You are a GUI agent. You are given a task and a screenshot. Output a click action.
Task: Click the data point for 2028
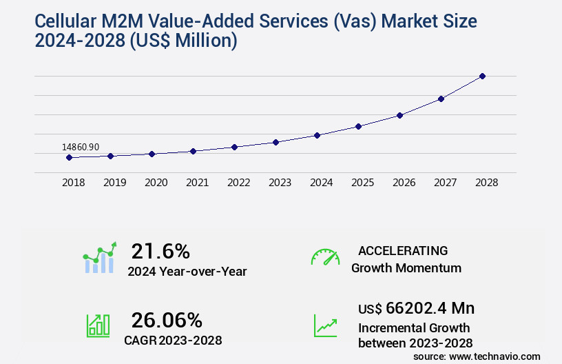[482, 76]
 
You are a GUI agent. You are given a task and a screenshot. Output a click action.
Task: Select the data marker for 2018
[69, 158]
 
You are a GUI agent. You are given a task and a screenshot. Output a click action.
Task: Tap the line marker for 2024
[317, 135]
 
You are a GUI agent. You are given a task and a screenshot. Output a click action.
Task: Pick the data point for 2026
[399, 115]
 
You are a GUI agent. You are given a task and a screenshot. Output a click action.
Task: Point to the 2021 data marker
[193, 151]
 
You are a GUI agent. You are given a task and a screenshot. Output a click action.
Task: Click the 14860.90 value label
[81, 147]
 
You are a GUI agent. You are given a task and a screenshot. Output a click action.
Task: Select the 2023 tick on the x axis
[280, 183]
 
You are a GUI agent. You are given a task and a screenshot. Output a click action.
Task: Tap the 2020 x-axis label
[156, 183]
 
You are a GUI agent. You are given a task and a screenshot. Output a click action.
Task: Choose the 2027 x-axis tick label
[445, 183]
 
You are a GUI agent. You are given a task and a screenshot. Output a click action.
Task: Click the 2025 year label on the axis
[362, 183]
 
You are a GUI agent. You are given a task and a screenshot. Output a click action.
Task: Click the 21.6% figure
[160, 251]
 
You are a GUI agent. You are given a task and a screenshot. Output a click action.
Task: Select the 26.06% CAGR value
[167, 320]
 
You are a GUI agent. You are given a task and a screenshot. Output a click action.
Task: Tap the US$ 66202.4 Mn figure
[416, 307]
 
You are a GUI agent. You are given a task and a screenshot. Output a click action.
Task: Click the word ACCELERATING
[403, 250]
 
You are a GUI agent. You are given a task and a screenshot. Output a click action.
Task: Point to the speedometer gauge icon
[325, 257]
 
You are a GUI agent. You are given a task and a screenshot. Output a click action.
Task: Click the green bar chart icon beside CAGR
[98, 325]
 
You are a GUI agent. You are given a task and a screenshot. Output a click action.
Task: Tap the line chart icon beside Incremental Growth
[325, 325]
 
